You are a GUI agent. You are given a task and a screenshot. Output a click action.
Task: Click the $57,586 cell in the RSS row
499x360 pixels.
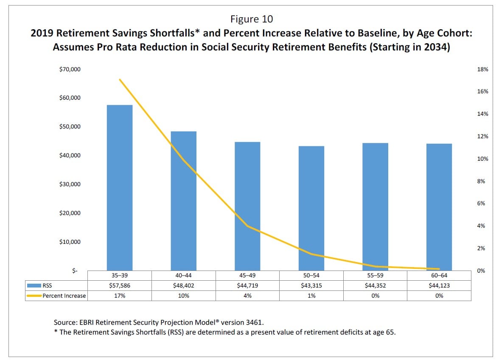click(120, 285)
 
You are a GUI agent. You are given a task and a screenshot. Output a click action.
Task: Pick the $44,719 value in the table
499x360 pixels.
click(247, 285)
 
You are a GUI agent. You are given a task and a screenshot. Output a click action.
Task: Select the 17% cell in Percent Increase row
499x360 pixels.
click(120, 296)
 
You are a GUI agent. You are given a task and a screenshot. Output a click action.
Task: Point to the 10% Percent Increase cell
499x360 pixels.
click(184, 296)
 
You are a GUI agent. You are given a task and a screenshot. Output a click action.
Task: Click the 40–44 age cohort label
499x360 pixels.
click(184, 275)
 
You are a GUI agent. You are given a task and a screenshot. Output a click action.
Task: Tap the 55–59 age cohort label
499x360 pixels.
click(375, 275)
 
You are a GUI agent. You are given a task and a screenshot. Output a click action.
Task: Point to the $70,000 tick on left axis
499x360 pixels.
click(70, 69)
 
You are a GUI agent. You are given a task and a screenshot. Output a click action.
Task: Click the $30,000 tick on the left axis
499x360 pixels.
click(70, 184)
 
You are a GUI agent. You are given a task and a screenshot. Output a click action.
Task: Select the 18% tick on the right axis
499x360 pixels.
click(483, 69)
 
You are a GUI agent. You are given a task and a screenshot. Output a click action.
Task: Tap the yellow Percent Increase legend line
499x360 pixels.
click(34, 296)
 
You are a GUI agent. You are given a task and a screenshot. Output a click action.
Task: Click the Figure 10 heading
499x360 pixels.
click(252, 19)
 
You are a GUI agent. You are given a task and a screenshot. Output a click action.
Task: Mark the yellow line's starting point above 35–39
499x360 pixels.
click(120, 80)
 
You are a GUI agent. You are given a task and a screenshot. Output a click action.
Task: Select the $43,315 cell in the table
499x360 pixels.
click(311, 285)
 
